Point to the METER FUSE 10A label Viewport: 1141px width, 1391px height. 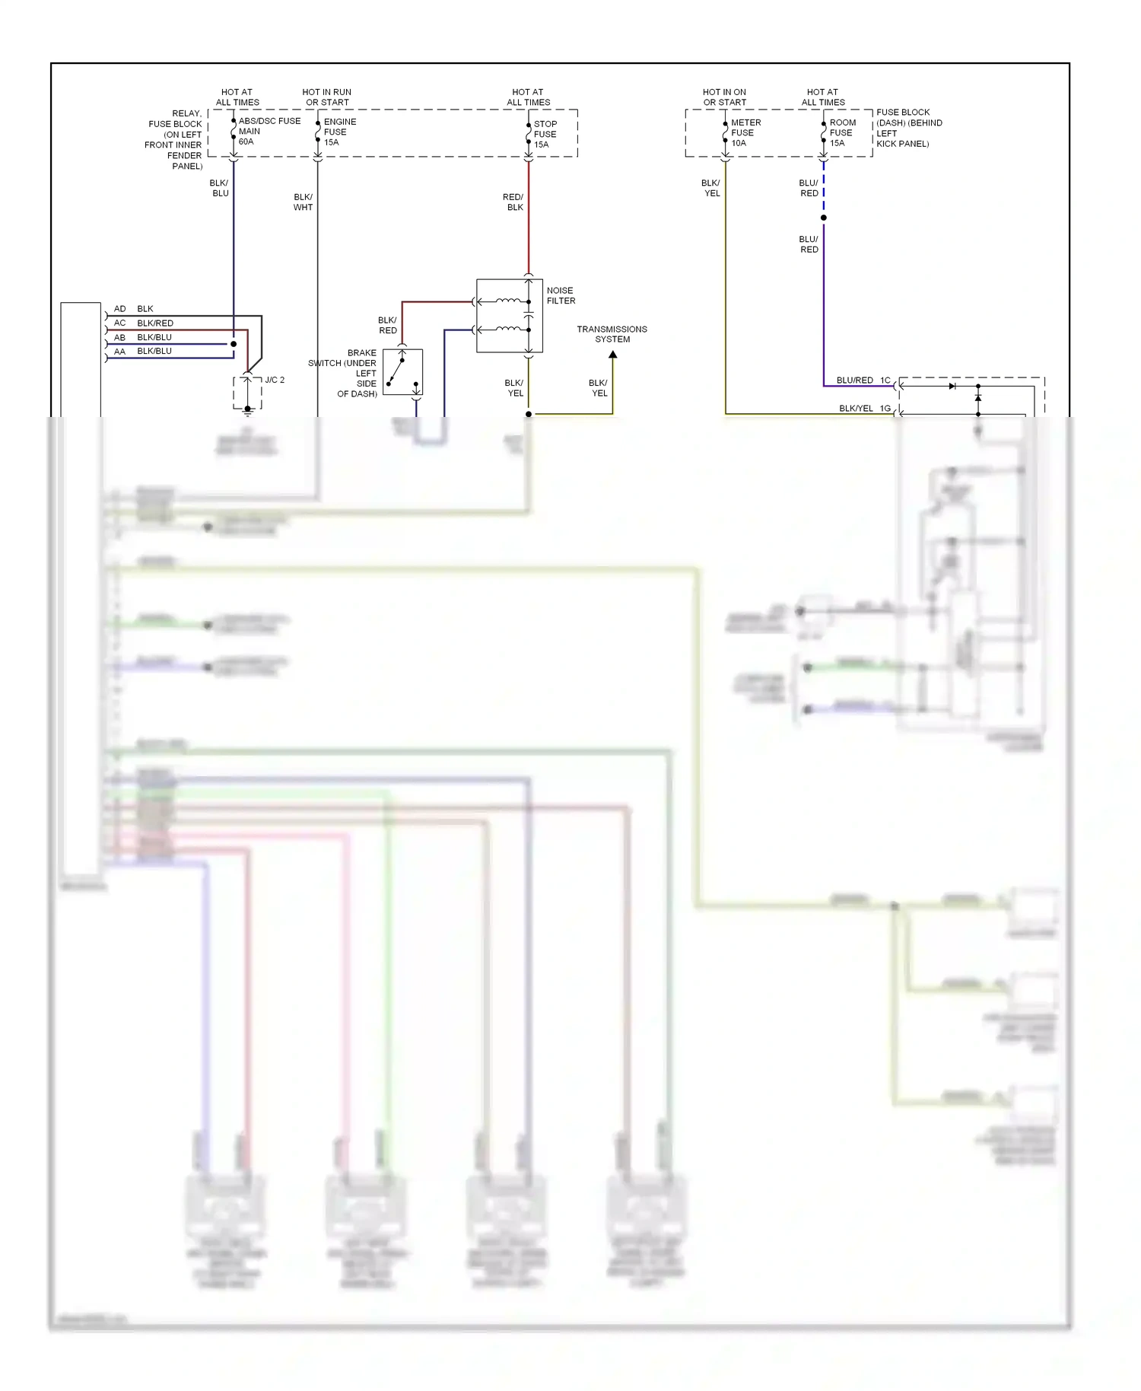[745, 132]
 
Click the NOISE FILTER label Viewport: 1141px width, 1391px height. [561, 295]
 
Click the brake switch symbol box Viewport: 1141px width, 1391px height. [402, 372]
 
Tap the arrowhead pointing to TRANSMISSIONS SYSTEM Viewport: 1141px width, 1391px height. [612, 355]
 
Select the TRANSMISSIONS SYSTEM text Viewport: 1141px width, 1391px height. [612, 334]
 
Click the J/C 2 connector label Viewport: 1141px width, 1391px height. [275, 380]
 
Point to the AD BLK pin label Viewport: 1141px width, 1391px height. [134, 309]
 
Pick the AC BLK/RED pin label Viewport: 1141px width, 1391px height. [144, 323]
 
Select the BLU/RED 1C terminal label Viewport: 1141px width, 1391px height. [863, 380]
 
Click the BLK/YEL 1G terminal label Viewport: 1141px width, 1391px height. [864, 408]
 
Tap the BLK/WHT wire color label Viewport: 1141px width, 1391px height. [303, 202]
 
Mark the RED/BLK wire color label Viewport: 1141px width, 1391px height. [513, 202]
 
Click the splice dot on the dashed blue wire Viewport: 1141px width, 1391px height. [823, 218]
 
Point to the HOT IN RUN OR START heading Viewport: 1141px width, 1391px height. [327, 97]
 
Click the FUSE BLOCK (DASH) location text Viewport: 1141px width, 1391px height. [908, 128]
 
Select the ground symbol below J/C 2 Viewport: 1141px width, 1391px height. [247, 412]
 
